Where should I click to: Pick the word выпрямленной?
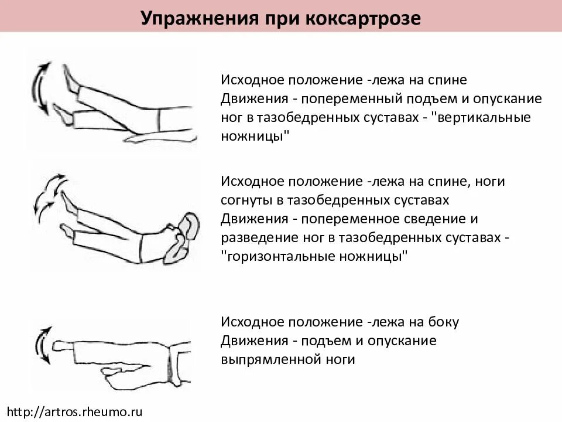[258, 359]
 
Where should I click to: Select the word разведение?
[253, 237]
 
